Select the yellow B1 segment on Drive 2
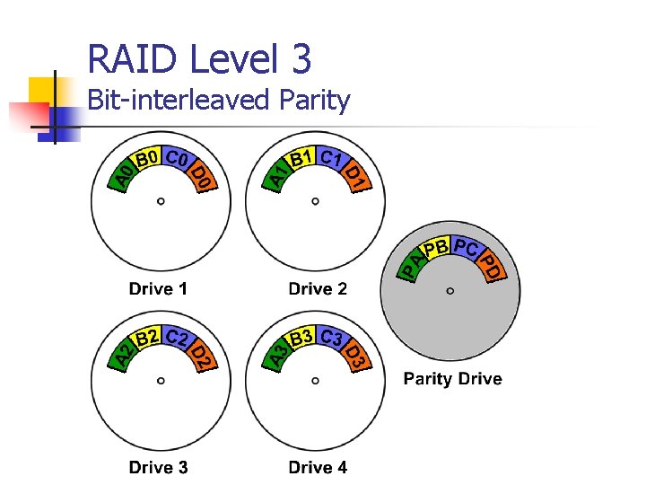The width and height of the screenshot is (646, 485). tap(301, 159)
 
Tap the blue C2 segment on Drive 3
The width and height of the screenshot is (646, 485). tap(177, 339)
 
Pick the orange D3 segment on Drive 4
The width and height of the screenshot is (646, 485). tap(355, 356)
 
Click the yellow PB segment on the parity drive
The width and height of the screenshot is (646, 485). tap(435, 247)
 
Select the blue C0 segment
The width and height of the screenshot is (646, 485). tap(177, 161)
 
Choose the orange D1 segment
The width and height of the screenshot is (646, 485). tap(355, 178)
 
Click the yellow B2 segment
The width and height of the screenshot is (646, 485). tap(147, 338)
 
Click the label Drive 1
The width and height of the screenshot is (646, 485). tap(158, 289)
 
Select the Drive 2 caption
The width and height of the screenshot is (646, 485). tap(318, 289)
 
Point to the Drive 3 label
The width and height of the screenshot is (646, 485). tap(158, 467)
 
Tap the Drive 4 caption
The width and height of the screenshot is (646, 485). tap(318, 467)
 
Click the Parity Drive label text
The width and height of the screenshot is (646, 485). tap(452, 378)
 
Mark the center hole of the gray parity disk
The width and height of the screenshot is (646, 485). tap(450, 290)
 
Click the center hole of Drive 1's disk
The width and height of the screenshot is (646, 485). tap(161, 201)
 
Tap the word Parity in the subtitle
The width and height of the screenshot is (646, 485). tap(314, 100)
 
